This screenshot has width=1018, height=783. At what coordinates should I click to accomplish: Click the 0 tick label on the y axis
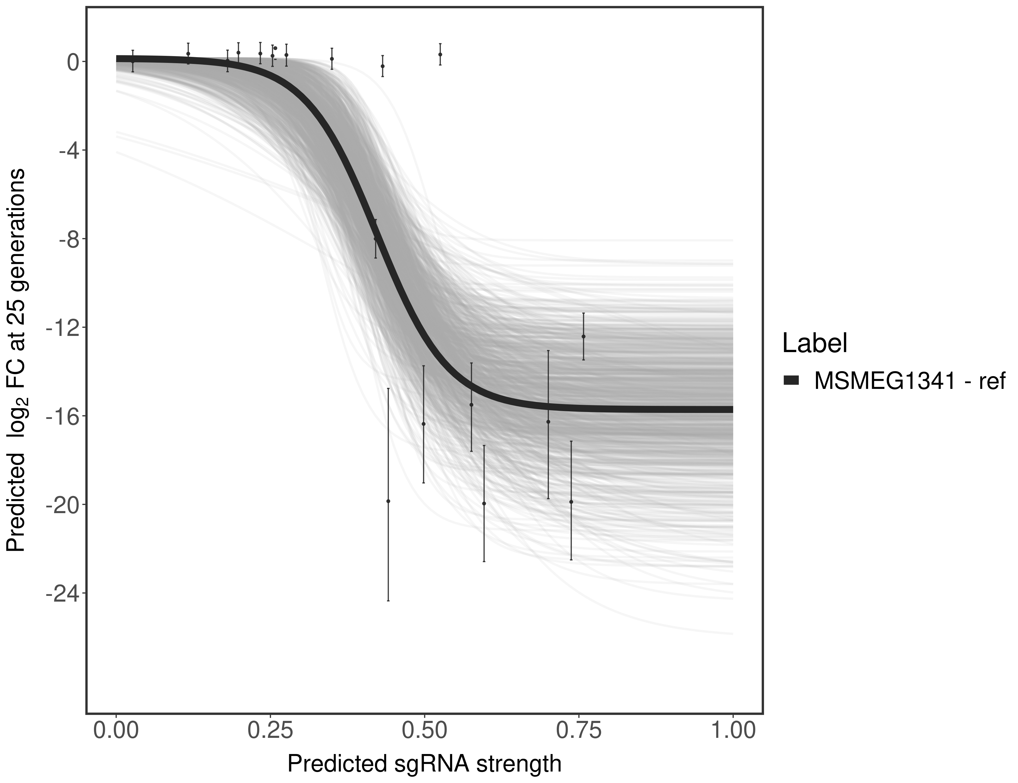point(72,62)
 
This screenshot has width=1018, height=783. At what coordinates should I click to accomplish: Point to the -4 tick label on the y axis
point(66,151)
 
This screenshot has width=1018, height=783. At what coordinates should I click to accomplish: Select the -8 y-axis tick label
point(66,239)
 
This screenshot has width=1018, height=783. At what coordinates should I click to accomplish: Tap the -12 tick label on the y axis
point(61,328)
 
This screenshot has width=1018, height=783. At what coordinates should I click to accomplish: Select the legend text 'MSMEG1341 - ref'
point(909,381)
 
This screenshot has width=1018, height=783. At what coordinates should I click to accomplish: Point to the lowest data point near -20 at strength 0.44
point(388,501)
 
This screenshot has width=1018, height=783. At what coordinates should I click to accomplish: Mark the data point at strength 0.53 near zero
point(440,55)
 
